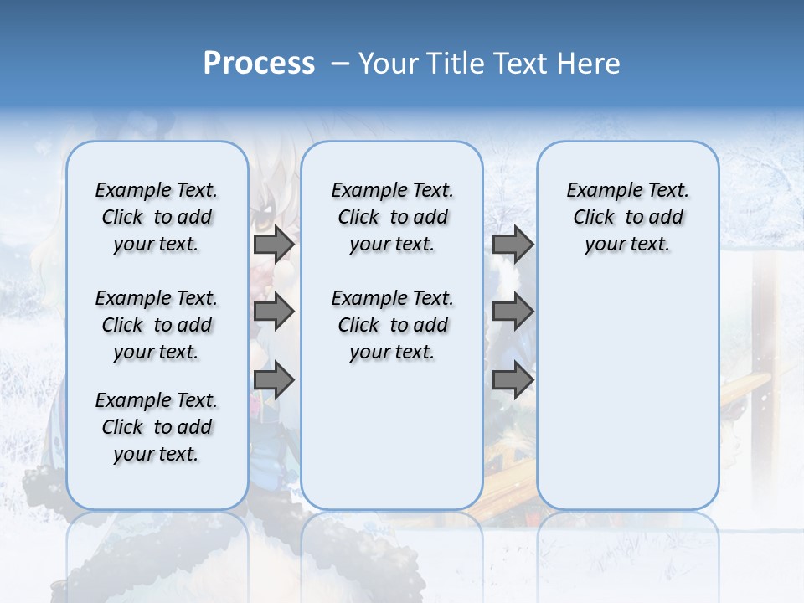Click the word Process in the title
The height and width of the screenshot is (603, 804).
tap(259, 64)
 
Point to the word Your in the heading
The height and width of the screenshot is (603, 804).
tap(384, 64)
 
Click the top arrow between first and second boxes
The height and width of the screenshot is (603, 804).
tap(274, 245)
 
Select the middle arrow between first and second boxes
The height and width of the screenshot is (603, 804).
tap(274, 312)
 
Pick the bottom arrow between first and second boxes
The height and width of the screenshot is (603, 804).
tap(274, 380)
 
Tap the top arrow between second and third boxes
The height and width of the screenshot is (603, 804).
tap(513, 245)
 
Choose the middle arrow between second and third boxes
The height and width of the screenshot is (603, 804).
tap(513, 312)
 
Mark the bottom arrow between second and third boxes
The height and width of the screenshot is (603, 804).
tap(513, 380)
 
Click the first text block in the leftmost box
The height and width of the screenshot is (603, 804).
tap(157, 217)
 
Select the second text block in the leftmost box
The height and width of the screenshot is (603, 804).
tap(157, 325)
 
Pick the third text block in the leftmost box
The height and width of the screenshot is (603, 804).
tap(157, 427)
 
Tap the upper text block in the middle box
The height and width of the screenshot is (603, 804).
tap(393, 217)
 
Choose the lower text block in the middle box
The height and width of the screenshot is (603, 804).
tap(393, 325)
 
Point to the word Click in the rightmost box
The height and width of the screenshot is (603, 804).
tap(594, 218)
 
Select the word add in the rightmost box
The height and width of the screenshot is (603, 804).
tap(667, 218)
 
